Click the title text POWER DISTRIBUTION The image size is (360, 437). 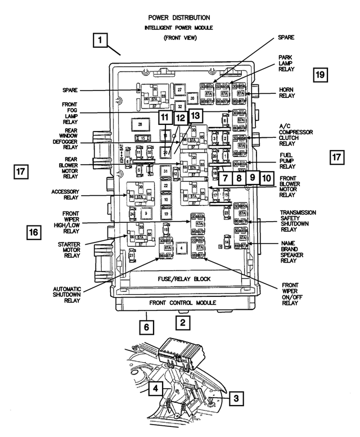[179, 17]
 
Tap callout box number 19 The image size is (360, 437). [320, 74]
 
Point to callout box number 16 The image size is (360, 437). [33, 231]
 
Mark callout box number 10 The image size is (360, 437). [266, 178]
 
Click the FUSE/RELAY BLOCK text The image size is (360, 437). [179, 279]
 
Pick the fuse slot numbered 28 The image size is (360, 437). [139, 123]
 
